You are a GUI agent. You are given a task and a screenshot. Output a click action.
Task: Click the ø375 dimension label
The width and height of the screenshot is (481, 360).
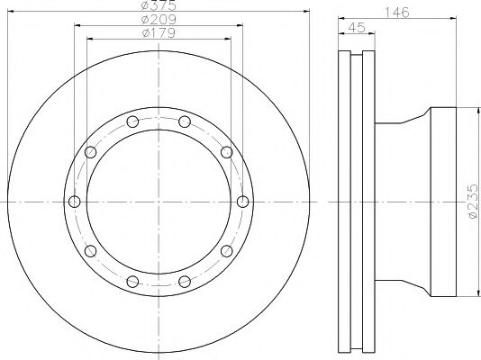click(159, 4)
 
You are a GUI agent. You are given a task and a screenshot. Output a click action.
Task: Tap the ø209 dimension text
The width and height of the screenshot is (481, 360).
click(159, 20)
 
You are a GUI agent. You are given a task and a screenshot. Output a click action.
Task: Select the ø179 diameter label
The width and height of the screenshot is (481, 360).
click(159, 32)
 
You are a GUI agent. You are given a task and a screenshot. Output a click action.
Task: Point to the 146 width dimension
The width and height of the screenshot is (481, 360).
click(397, 13)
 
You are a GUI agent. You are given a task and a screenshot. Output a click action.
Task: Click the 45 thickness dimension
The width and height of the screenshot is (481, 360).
click(357, 28)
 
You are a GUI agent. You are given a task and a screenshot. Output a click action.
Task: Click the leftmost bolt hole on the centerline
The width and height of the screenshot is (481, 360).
click(74, 202)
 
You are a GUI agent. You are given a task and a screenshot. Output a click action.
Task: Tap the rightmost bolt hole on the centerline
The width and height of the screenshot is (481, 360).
click(243, 202)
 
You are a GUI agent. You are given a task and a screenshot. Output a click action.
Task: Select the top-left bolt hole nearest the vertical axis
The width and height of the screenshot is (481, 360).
click(132, 121)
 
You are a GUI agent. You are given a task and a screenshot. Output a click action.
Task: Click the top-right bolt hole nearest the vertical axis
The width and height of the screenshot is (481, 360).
click(185, 121)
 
